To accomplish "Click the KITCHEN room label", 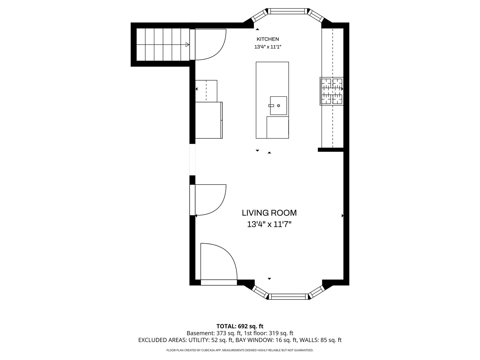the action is pyautogui.click(x=268, y=39).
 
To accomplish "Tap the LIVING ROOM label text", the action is pyautogui.click(x=269, y=213).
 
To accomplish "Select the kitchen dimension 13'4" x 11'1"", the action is pyautogui.click(x=268, y=47).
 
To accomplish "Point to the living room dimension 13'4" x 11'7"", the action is pyautogui.click(x=269, y=224).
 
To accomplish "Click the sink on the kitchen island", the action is pyautogui.click(x=278, y=106).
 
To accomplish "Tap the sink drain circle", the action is pyautogui.click(x=278, y=106).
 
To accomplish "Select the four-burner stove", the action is pyautogui.click(x=332, y=91).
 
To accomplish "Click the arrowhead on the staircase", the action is pyautogui.click(x=187, y=45).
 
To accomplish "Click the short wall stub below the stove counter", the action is pyautogui.click(x=331, y=150).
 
